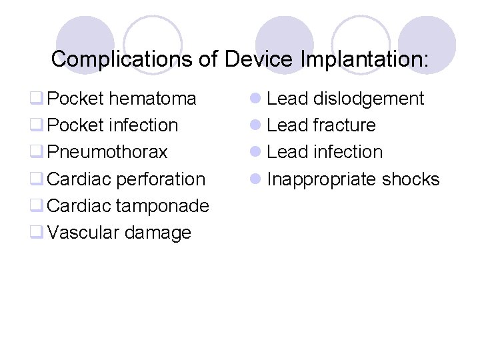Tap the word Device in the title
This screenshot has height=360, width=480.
click(258, 59)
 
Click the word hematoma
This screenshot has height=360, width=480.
click(153, 99)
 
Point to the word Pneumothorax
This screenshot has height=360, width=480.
click(108, 152)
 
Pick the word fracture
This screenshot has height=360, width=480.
click(345, 125)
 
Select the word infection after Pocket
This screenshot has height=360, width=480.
click(143, 125)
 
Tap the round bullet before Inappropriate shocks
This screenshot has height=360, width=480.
click(255, 179)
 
